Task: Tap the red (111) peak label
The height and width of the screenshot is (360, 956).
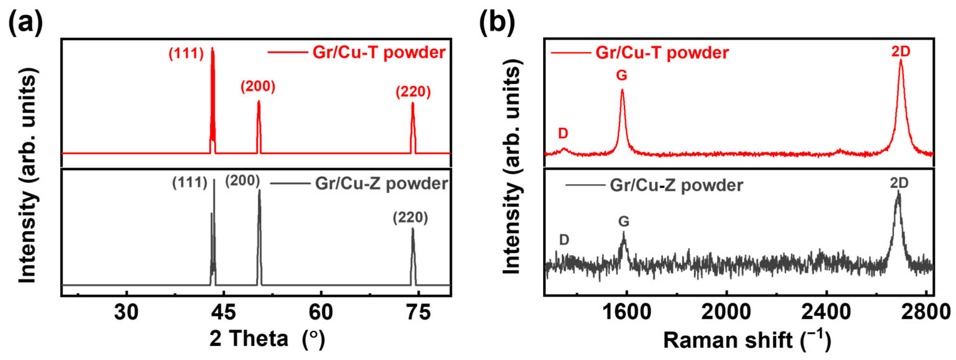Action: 186,54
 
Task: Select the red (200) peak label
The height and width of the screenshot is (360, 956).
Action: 258,86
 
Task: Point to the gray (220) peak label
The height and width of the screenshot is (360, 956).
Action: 410,218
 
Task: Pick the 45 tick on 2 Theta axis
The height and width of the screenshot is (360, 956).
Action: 224,312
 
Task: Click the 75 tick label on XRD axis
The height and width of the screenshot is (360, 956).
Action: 418,312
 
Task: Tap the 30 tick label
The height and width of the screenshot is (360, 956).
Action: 126,312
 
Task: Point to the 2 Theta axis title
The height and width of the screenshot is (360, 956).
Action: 267,338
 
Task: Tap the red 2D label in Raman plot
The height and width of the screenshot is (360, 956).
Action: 901,52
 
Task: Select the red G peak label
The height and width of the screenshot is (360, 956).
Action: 621,75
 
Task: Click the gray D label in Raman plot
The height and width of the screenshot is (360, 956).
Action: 564,240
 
